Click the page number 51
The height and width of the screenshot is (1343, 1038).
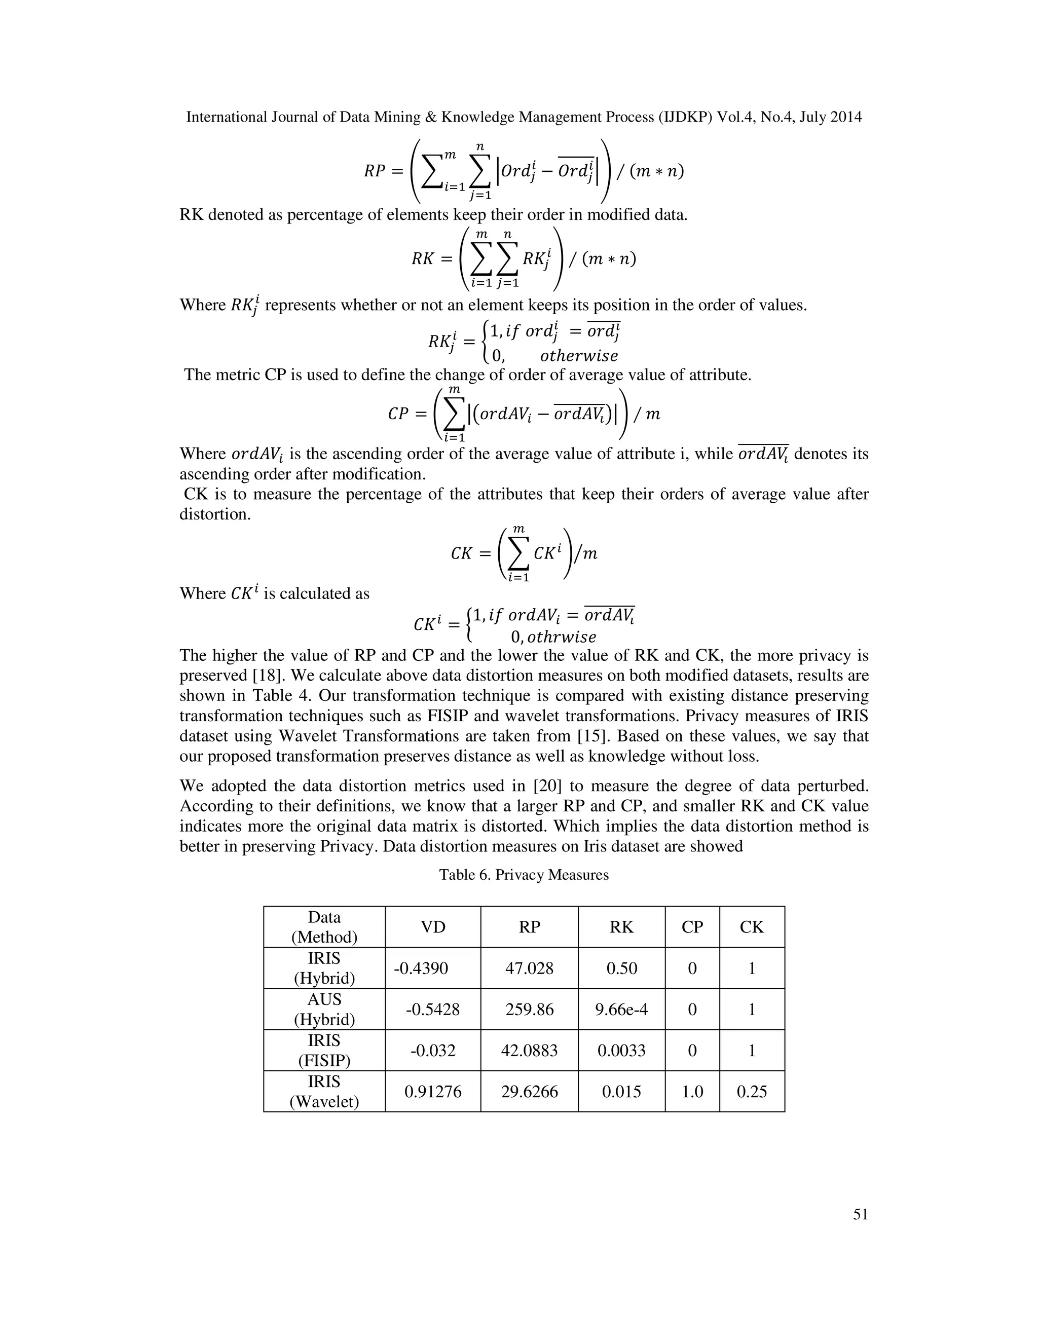[860, 1214]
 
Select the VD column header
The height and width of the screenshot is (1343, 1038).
[433, 927]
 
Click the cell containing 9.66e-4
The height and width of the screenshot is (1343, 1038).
[621, 1009]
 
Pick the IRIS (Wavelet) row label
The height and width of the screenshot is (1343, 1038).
[324, 1092]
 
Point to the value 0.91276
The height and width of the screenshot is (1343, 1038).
[433, 1092]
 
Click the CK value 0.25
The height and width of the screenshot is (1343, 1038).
[752, 1092]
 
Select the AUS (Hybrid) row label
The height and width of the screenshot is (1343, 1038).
[324, 1009]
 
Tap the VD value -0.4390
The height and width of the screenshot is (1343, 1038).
[421, 968]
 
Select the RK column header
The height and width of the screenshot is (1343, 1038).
[621, 927]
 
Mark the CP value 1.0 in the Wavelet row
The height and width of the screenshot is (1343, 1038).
[692, 1092]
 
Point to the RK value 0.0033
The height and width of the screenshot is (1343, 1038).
[621, 1050]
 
